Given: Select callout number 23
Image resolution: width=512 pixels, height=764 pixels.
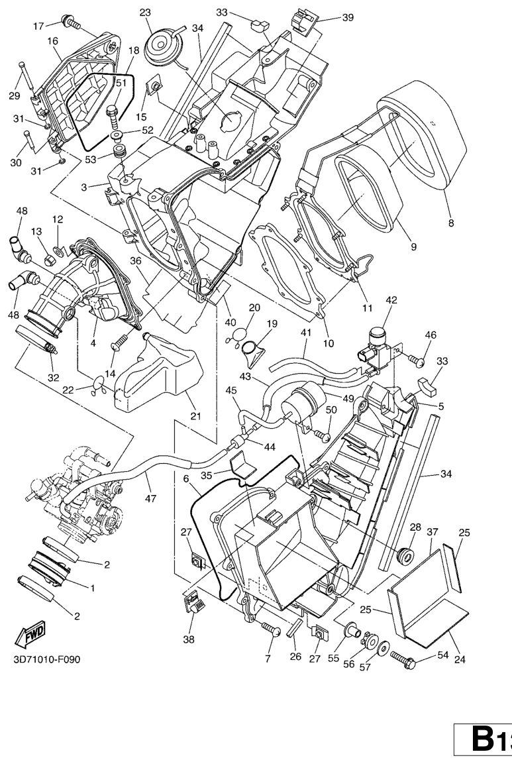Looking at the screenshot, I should (x=145, y=13).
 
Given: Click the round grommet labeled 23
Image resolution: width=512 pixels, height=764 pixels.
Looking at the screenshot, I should (x=162, y=46).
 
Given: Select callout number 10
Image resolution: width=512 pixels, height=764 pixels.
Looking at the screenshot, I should (x=329, y=325).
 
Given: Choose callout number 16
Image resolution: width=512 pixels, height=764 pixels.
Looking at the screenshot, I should (x=53, y=40).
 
